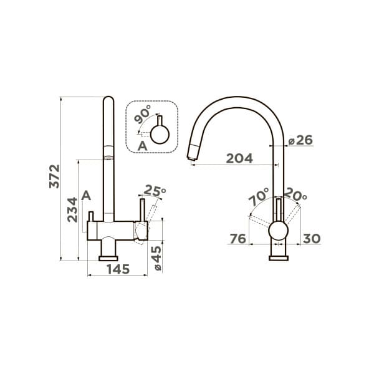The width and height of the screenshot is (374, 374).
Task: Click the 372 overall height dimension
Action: coord(54,176)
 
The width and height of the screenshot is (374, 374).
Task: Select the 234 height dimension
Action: coord(72,209)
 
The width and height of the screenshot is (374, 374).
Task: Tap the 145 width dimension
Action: coord(118,269)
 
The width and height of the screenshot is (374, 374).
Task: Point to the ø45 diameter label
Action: coord(158,258)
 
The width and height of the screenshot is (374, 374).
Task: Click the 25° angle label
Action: coord(155,190)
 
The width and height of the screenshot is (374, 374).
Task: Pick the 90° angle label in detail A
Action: coord(142,115)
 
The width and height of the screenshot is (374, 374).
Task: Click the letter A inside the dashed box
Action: coord(142,146)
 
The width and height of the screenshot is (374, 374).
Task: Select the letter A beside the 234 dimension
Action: coord(86,196)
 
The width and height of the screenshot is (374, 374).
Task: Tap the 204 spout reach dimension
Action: coord(239,158)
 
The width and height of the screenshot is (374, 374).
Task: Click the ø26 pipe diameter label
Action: coord(300,140)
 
